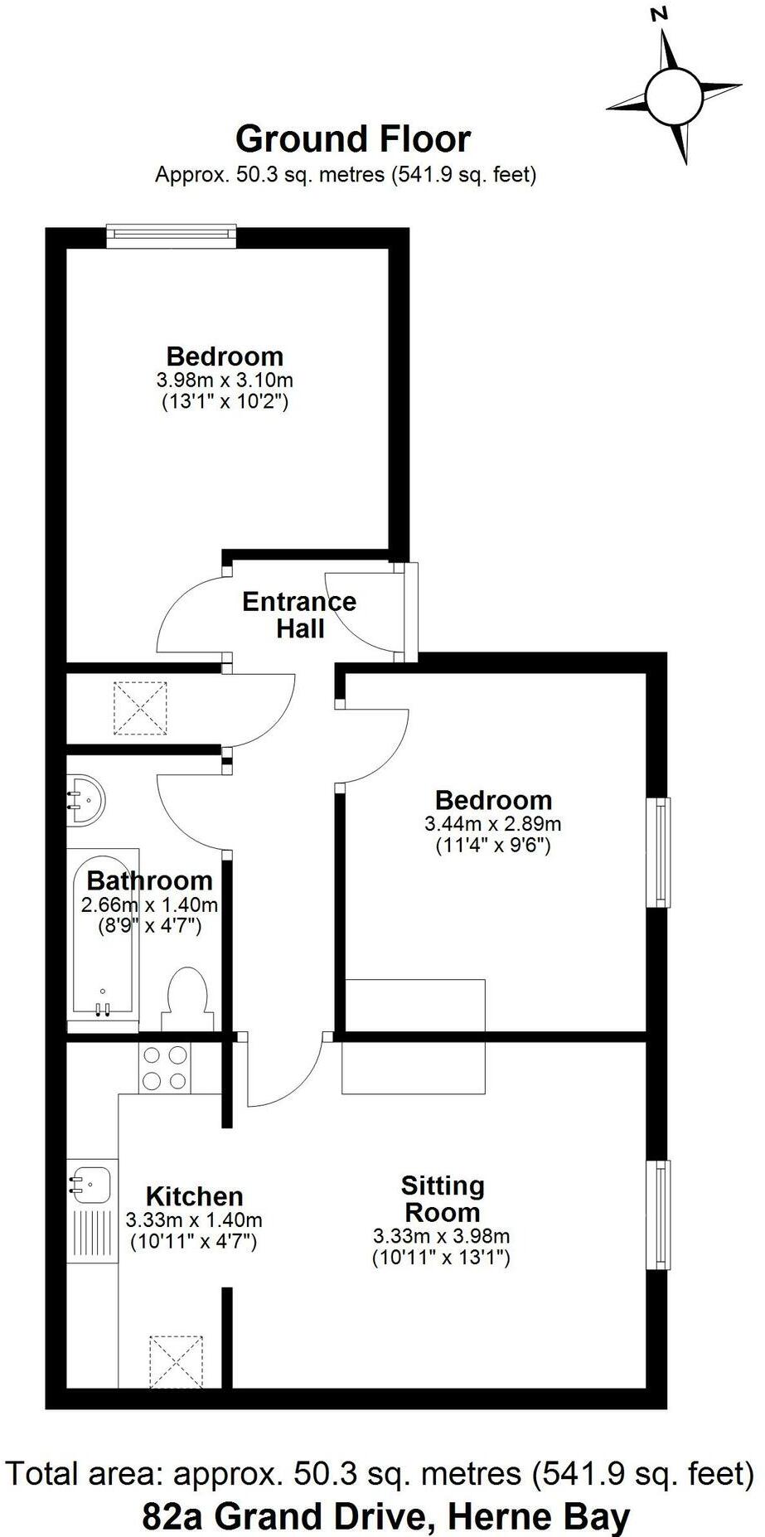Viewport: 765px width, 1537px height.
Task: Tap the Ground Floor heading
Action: pos(353,138)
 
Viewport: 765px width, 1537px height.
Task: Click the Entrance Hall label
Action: pos(299,614)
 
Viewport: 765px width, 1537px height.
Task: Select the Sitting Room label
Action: pos(442,1199)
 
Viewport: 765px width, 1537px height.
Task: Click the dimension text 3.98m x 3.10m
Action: pos(225,381)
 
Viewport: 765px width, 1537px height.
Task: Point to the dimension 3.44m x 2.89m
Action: pos(492,824)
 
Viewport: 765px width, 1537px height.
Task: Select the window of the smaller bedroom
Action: pos(660,852)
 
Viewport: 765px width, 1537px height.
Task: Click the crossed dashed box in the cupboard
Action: pos(140,707)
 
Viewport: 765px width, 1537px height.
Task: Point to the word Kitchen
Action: pos(194,1196)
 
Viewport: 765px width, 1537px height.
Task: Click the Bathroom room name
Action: pos(149,880)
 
